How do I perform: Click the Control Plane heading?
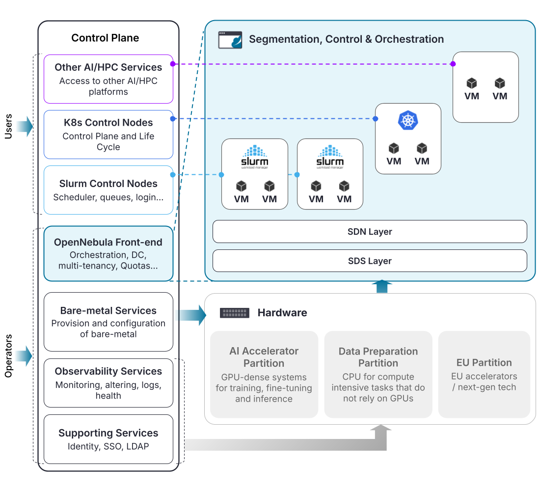(x=105, y=38)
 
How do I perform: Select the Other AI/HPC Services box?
(x=108, y=79)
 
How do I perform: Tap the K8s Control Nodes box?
(x=108, y=135)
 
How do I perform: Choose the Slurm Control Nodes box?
(x=108, y=190)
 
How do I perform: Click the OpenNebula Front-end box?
(x=108, y=253)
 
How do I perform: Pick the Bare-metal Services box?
(x=108, y=322)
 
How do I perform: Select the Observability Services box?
(x=108, y=383)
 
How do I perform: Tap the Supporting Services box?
(x=108, y=439)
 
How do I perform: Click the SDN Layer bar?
(x=370, y=232)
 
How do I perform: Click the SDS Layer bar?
(x=370, y=261)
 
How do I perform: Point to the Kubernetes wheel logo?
(x=407, y=121)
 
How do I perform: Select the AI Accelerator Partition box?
(x=264, y=374)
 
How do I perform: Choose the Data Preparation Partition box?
(x=378, y=374)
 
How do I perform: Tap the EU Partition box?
(x=484, y=374)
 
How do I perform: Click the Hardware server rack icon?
(x=235, y=313)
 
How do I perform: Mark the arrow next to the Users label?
(x=24, y=127)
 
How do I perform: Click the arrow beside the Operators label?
(x=24, y=355)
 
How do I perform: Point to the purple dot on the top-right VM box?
(x=453, y=64)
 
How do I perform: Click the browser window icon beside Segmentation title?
(x=230, y=40)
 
